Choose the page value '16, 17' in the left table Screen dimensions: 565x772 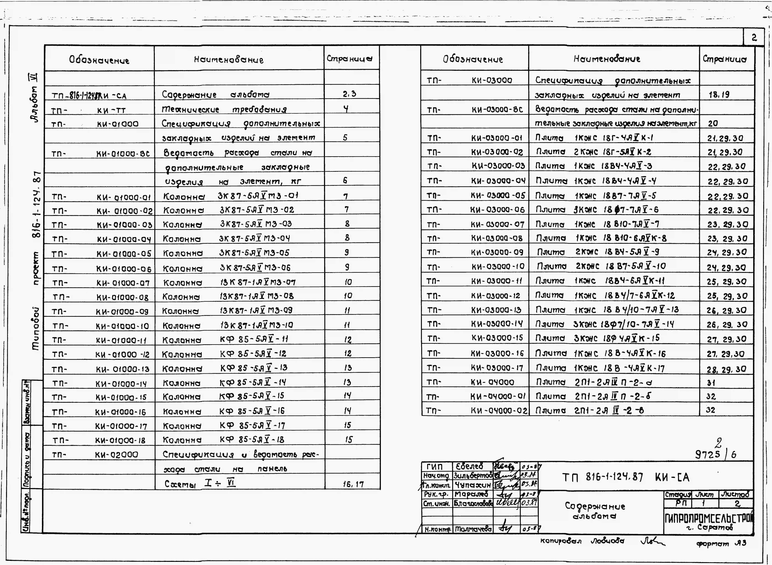353,484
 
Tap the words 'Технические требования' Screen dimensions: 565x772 224,109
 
